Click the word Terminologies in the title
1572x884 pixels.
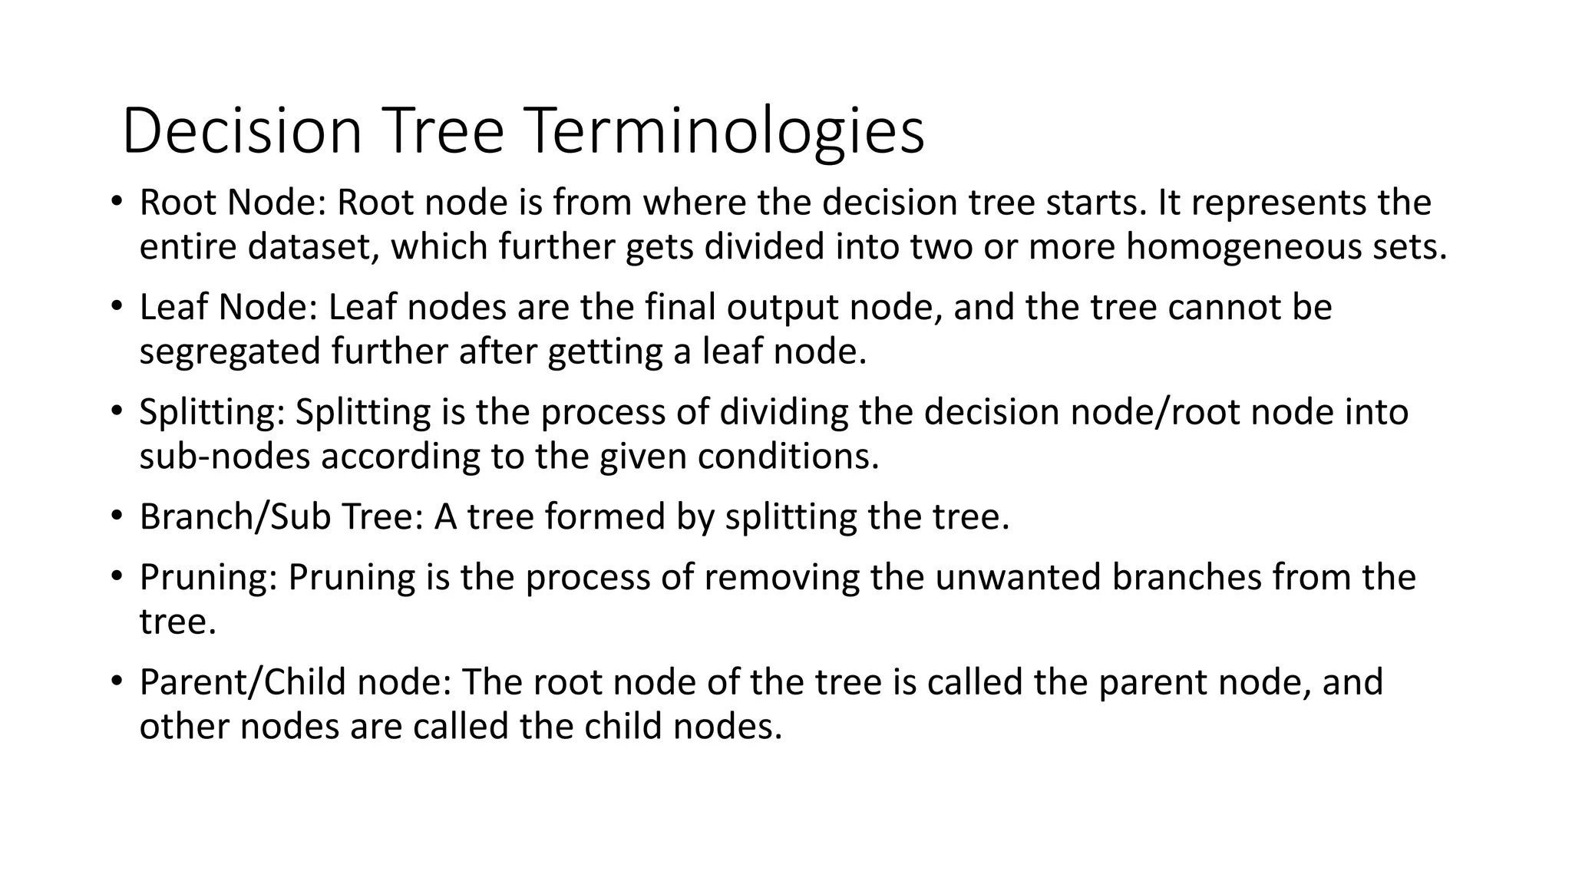point(726,131)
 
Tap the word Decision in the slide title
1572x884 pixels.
point(242,131)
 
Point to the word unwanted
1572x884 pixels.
point(1018,577)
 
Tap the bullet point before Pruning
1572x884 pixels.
point(116,576)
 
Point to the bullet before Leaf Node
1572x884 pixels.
point(116,307)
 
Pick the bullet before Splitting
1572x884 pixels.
point(116,411)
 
